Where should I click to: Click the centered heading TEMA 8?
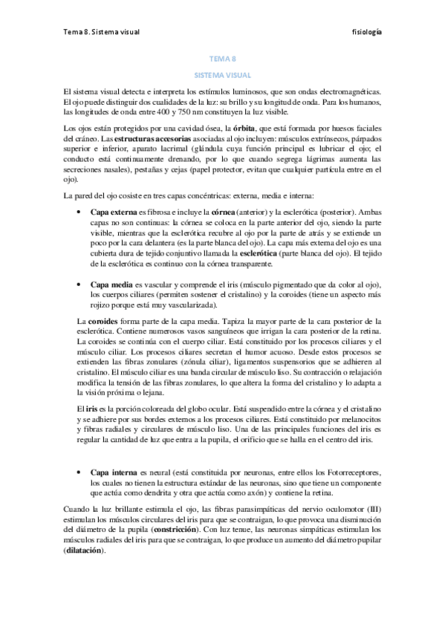click(222, 62)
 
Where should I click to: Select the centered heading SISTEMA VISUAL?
click(222, 75)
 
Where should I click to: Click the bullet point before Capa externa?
click(79, 211)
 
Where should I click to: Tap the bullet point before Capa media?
click(79, 285)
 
